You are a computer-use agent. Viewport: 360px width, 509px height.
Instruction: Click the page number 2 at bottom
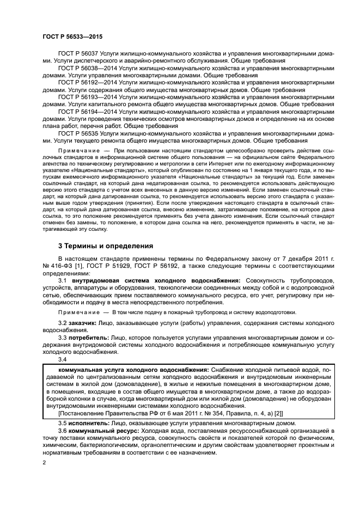click(x=44, y=462)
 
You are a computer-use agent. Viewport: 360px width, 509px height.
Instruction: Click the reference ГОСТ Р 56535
click(x=80, y=132)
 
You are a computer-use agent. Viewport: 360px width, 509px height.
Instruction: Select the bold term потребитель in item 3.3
click(x=88, y=338)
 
